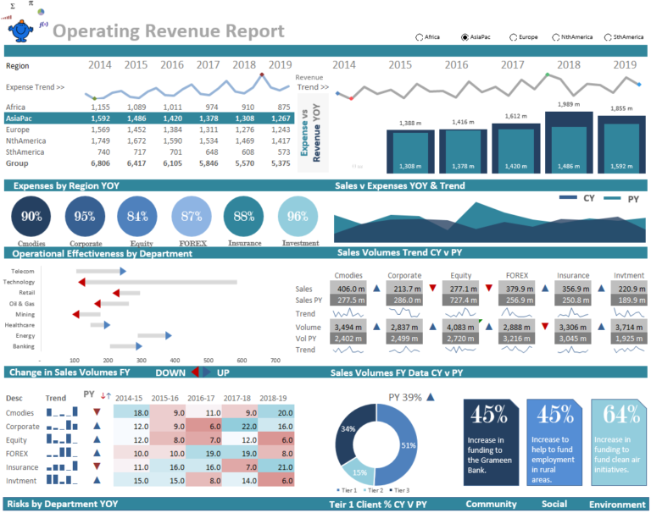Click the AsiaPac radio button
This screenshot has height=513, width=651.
[465, 37]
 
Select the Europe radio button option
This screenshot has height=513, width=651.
[512, 37]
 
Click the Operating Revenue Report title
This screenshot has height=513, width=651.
[169, 31]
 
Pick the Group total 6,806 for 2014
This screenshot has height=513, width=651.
[100, 163]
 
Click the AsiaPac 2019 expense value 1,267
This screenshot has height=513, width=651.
[279, 119]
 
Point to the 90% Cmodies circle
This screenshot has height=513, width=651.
[31, 217]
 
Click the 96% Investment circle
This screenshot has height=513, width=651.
[298, 217]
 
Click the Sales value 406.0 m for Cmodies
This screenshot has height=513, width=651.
[349, 289]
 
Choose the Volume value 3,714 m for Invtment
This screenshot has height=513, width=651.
[626, 327]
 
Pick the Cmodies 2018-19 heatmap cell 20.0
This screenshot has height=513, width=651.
[275, 412]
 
